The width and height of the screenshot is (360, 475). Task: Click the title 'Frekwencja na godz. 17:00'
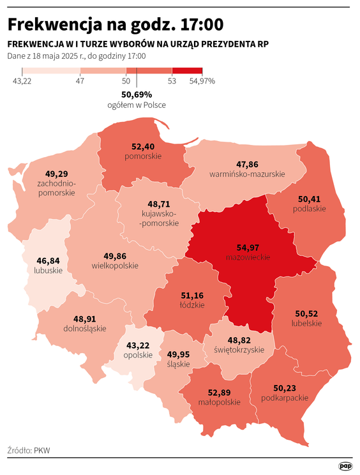click(x=116, y=24)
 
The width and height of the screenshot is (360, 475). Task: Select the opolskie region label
click(x=138, y=355)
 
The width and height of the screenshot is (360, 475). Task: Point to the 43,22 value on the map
click(x=138, y=345)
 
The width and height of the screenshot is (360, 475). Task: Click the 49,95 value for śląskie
click(x=178, y=354)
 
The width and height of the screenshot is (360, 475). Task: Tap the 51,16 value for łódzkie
click(x=192, y=295)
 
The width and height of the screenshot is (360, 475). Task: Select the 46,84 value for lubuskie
click(x=49, y=260)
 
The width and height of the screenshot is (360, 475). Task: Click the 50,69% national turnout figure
click(x=137, y=94)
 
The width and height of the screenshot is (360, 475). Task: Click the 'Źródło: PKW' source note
click(x=29, y=451)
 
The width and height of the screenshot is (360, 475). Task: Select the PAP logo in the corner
click(x=345, y=467)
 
